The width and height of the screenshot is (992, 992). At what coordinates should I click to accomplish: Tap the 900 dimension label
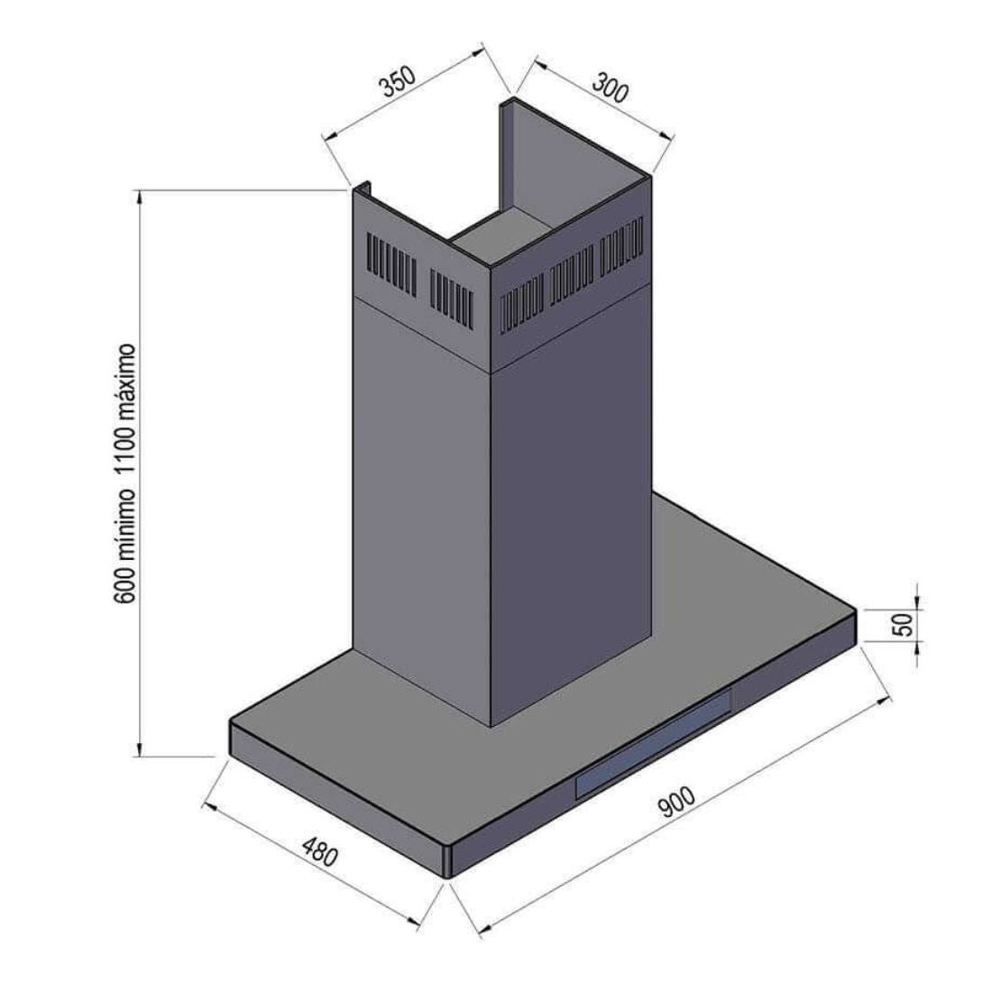pyautogui.click(x=677, y=801)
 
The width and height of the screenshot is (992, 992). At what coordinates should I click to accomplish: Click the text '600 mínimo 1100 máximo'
pyautogui.click(x=124, y=473)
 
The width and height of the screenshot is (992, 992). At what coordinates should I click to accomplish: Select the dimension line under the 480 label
pyautogui.click(x=311, y=864)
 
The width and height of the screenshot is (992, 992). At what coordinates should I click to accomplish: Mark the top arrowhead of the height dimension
pyautogui.click(x=140, y=197)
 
